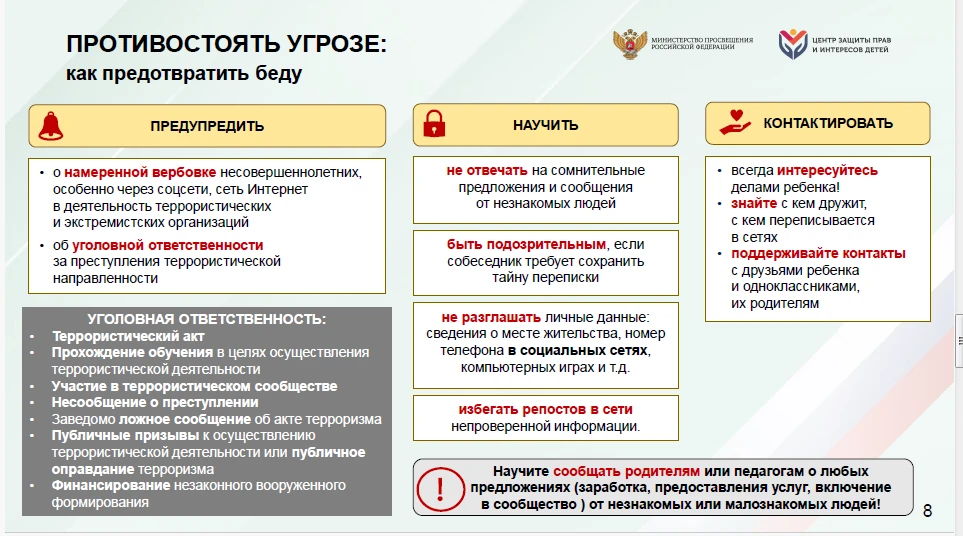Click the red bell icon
pos(50,126)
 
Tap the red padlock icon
pos(434,123)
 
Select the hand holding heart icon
pos(735,122)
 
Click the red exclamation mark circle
pos(440,489)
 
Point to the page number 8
pos(927,511)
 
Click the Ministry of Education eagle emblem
pos(630,44)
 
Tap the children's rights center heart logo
pos(793,44)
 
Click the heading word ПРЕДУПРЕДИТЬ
pos(207,126)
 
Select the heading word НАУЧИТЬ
pos(545,125)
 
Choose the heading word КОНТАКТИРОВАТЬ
pos(828,123)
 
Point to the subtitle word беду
pos(281,74)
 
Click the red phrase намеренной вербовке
pos(140,172)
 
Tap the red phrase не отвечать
pos(487,170)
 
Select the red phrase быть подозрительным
pos(526,244)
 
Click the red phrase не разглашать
pos(491,317)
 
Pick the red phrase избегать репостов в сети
pos(545,409)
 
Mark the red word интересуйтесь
pos(827,170)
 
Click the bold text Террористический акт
pos(128,336)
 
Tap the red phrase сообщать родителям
pos(626,471)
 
